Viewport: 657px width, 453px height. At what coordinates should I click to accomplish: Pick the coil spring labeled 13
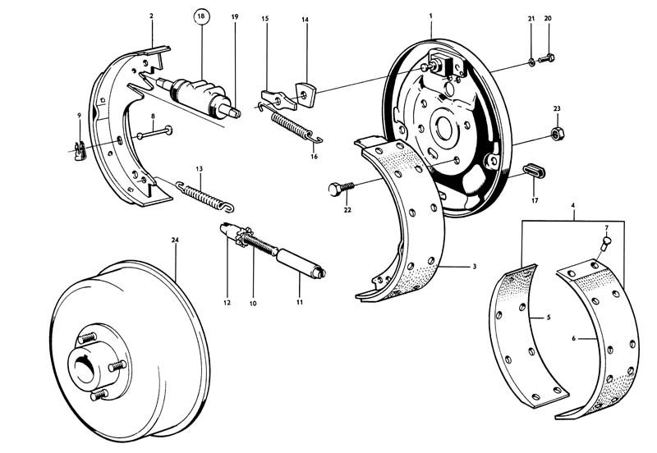pos(204,194)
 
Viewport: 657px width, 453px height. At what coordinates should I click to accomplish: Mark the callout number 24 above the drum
pos(175,240)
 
